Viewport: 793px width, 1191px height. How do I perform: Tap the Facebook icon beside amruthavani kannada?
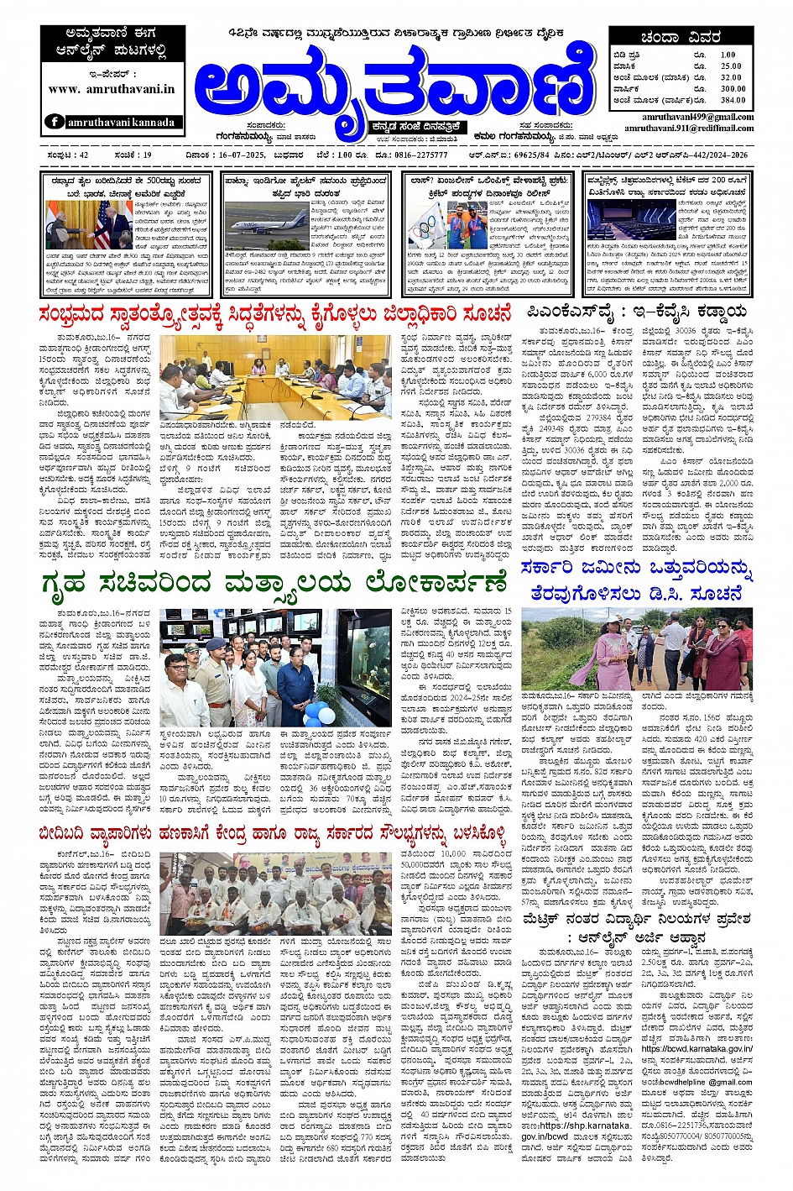pos(55,122)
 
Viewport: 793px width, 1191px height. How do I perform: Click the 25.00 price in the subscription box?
pos(731,66)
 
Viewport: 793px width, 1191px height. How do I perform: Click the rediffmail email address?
pos(688,128)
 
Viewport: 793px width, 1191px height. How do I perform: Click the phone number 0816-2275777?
pos(425,155)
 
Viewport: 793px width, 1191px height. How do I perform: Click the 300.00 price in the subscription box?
pos(732,88)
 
